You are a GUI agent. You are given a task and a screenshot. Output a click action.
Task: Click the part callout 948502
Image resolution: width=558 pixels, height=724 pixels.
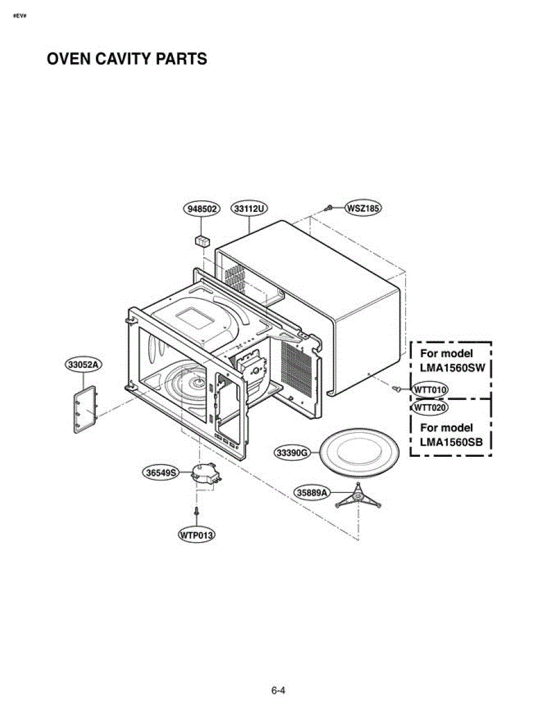coord(200,209)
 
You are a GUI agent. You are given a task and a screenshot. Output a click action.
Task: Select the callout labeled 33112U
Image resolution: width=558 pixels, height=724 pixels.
coord(249,209)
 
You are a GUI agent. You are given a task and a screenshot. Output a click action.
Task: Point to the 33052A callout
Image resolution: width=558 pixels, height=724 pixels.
coord(83,365)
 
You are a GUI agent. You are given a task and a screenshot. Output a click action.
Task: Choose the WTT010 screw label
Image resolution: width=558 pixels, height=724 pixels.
coord(430,390)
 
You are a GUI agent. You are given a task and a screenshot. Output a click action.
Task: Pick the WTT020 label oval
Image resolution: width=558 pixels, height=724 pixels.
coord(429,408)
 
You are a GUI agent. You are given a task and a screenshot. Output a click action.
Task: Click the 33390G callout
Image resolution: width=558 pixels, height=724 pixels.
coord(292,452)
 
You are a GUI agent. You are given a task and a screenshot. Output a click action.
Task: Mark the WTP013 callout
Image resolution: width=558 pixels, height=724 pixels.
coord(197,535)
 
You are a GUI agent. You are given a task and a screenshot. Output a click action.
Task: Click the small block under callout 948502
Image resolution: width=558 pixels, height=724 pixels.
coord(202,241)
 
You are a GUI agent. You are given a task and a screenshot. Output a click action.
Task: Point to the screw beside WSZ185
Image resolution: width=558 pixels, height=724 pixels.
coord(328,208)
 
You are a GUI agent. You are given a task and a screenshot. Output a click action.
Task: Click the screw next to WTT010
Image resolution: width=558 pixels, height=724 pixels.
coord(397,389)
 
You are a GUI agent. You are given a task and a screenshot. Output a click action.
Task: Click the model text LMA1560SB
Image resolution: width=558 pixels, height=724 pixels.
coord(451,441)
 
